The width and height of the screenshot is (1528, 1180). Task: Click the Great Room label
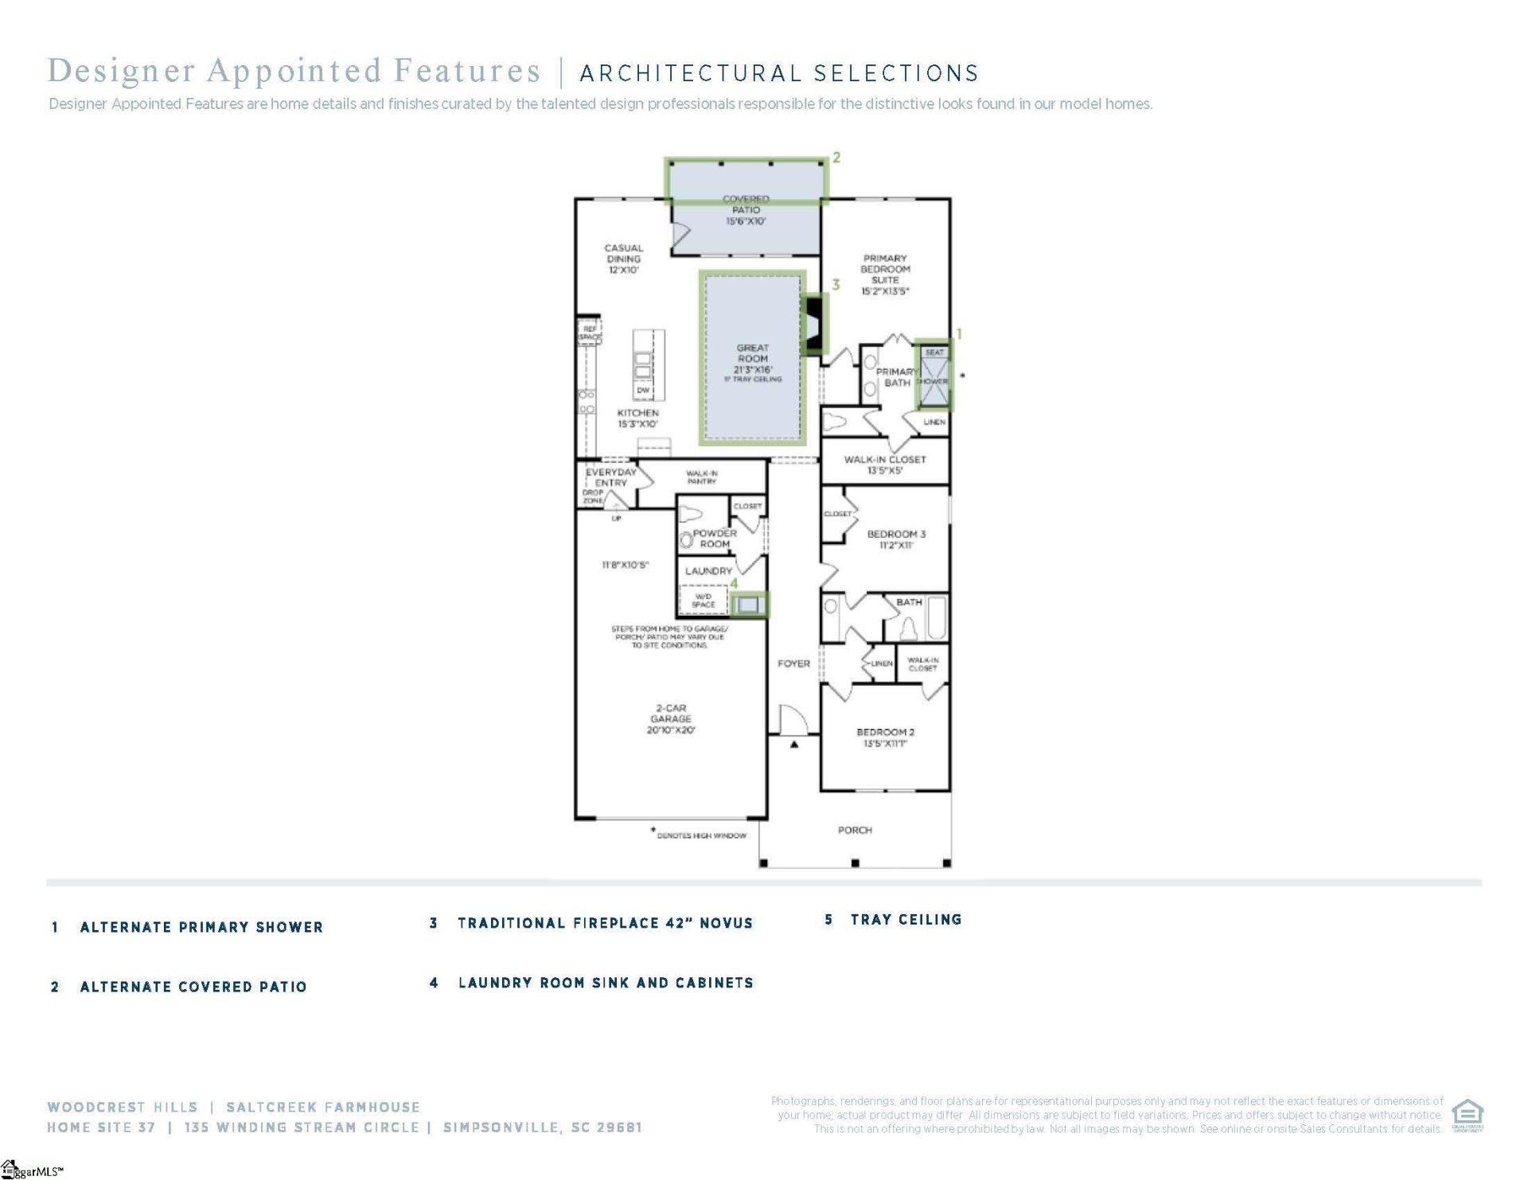(x=752, y=359)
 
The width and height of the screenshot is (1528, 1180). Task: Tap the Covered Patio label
(x=746, y=210)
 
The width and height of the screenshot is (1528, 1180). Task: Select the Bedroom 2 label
(x=885, y=737)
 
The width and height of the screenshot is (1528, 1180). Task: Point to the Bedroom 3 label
(x=896, y=539)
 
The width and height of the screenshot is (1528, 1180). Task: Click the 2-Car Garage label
(x=671, y=719)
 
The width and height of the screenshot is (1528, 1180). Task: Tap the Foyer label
(x=793, y=663)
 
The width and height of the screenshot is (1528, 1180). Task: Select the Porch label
(x=855, y=830)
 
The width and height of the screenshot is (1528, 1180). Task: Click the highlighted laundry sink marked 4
(x=748, y=605)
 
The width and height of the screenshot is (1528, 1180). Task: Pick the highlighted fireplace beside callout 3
(x=814, y=324)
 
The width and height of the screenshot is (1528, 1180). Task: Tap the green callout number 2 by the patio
(x=836, y=158)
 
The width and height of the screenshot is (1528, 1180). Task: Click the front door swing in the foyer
(x=793, y=720)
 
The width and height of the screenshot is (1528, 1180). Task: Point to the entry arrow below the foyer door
(x=794, y=745)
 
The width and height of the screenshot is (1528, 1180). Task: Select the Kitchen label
(x=638, y=418)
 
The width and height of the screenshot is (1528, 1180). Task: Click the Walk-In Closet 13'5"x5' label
(x=885, y=465)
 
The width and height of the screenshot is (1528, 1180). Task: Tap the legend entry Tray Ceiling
(x=906, y=920)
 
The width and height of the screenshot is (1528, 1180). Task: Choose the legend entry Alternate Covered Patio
(x=193, y=987)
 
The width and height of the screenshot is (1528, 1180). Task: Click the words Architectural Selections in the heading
(x=779, y=73)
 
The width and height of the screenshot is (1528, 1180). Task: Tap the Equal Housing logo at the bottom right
(x=1468, y=1115)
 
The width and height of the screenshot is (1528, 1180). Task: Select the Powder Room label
(x=714, y=539)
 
